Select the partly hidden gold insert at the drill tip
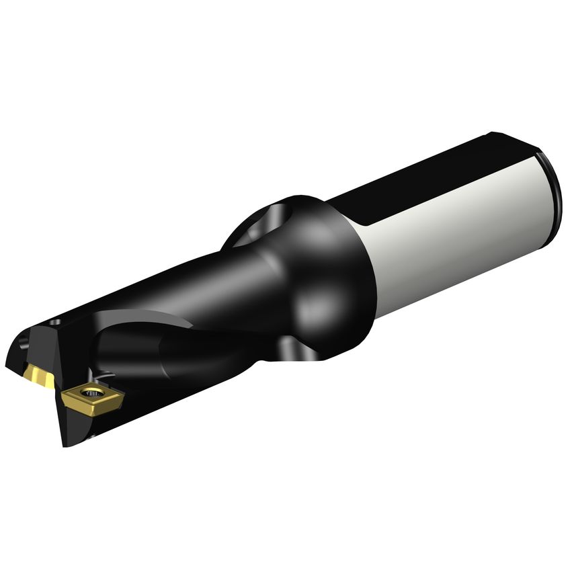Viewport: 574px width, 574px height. tap(39, 374)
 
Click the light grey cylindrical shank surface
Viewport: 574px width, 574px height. tap(464, 229)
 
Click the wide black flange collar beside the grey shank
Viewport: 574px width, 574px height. tap(336, 269)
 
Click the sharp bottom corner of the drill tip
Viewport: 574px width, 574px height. tap(66, 444)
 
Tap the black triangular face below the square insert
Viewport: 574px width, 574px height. tap(77, 423)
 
